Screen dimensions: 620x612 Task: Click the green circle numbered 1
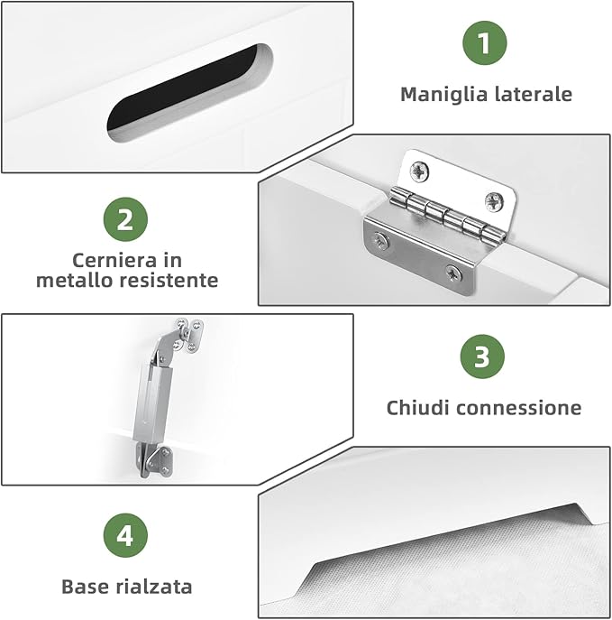(x=485, y=42)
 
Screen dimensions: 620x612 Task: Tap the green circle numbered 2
(x=125, y=219)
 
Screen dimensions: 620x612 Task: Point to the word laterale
(x=532, y=94)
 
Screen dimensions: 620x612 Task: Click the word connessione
(x=518, y=408)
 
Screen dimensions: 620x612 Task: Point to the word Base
(x=83, y=587)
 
